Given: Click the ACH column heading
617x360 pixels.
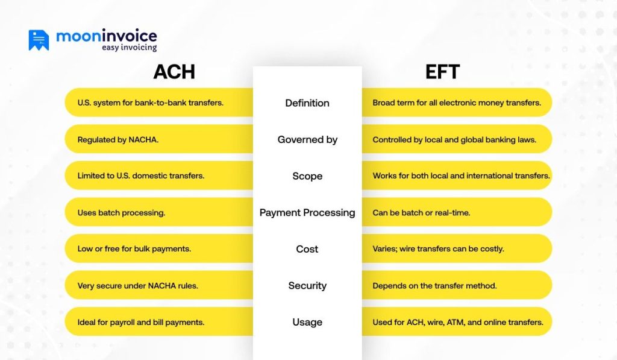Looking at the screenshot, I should (174, 72).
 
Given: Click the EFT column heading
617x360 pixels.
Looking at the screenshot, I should (442, 72).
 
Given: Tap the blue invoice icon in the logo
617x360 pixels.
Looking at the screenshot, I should (39, 40).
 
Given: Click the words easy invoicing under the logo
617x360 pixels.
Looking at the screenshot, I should (129, 48).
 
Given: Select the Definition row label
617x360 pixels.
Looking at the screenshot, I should (307, 103).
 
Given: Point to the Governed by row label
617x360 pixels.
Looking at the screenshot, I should (307, 139).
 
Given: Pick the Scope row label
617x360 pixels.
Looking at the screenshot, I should (307, 176).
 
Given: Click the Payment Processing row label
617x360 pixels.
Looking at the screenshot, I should (307, 212).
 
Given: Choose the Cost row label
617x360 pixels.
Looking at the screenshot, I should (307, 249).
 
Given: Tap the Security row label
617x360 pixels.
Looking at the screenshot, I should (307, 286).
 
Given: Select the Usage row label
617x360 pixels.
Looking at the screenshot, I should (307, 322).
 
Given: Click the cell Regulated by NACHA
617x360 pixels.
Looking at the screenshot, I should (118, 139).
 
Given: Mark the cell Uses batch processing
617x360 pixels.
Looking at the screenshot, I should (121, 212).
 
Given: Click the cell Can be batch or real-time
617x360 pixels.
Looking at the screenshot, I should (421, 212).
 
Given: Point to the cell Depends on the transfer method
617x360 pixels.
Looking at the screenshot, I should (434, 286).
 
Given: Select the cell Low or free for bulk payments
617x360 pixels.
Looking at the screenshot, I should (134, 249).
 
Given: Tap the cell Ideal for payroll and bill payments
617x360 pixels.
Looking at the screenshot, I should (141, 322).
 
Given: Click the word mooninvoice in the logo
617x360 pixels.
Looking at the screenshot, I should (107, 36).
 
